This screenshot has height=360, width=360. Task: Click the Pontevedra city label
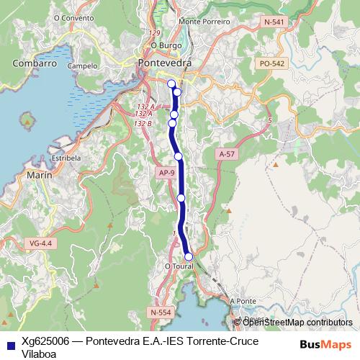point(164,63)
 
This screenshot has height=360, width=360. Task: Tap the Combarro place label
point(35,63)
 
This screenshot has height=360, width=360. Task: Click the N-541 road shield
point(274,23)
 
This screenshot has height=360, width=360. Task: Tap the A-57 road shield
point(227,154)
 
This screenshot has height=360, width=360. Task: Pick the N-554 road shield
point(161,312)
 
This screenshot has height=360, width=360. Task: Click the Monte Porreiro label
point(199,22)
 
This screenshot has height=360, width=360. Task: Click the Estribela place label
point(66,156)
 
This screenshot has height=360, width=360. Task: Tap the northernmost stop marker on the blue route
point(171,84)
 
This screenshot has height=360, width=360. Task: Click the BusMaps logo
point(325,343)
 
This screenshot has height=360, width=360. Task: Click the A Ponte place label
point(243,301)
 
